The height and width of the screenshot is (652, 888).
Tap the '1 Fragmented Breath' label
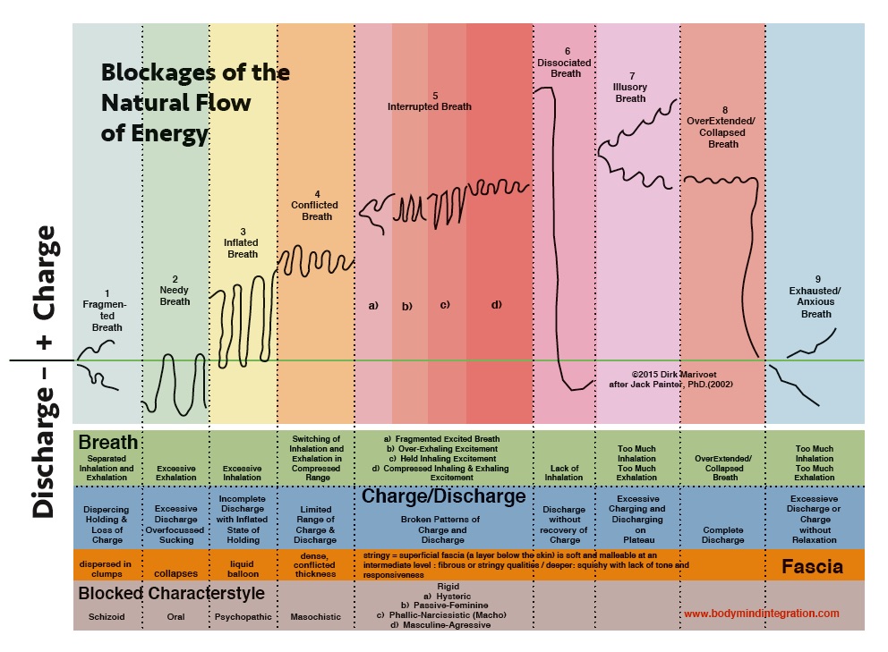(x=107, y=310)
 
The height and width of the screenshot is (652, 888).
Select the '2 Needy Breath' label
(x=175, y=290)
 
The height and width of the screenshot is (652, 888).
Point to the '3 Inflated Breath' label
(x=242, y=242)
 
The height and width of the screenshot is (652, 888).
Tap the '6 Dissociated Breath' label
(x=566, y=62)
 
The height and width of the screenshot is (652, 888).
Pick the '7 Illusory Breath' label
(x=630, y=87)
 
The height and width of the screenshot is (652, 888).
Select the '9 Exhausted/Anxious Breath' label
(x=815, y=296)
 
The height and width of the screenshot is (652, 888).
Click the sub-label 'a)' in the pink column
(x=373, y=306)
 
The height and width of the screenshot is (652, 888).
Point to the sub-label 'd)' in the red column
(x=497, y=305)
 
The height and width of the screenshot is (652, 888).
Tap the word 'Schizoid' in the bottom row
(x=107, y=617)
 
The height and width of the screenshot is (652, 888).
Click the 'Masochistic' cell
(x=316, y=617)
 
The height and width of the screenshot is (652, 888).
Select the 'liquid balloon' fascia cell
(x=243, y=569)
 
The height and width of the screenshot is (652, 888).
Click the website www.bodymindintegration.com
(x=762, y=614)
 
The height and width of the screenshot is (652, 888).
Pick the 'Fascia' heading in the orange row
(x=813, y=566)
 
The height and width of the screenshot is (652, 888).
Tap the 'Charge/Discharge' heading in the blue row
(x=443, y=496)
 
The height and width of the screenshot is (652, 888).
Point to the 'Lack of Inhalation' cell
(x=565, y=472)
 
